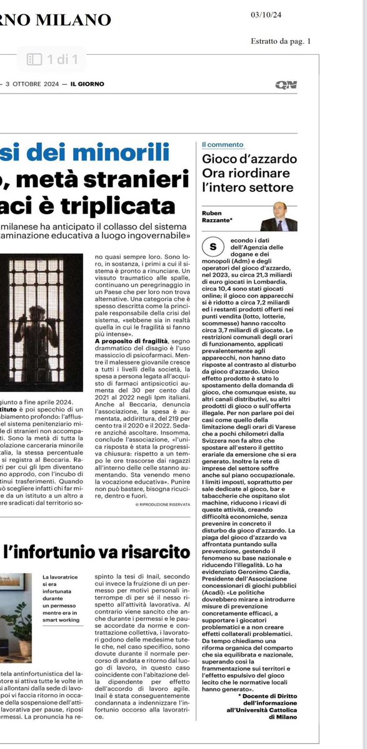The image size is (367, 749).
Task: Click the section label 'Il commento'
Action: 223,145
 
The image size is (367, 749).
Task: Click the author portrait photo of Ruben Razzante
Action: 278,217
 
